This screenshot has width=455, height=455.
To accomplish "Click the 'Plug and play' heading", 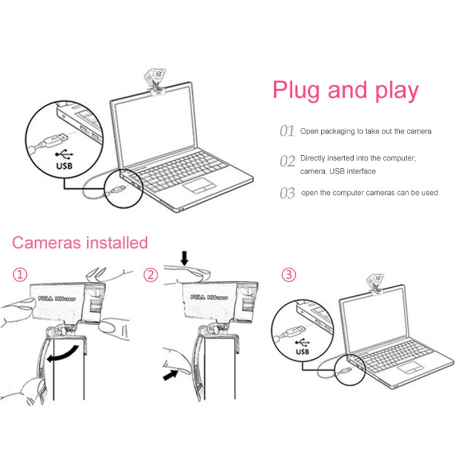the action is [x=345, y=90].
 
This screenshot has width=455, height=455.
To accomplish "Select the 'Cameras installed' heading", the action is [x=80, y=243].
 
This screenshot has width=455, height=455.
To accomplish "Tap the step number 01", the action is [x=287, y=131].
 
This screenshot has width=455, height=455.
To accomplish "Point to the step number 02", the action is [x=287, y=161].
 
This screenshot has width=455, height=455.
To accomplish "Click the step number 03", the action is [x=287, y=193].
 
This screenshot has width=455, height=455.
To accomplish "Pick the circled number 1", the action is [x=20, y=275].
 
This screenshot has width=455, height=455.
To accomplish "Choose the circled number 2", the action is [x=150, y=275].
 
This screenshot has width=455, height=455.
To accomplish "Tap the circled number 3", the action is [x=289, y=275].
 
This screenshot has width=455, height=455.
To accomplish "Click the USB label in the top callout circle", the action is [x=66, y=167].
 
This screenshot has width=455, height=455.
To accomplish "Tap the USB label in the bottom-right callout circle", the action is [x=303, y=351].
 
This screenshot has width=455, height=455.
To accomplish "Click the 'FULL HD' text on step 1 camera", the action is [x=55, y=297].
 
